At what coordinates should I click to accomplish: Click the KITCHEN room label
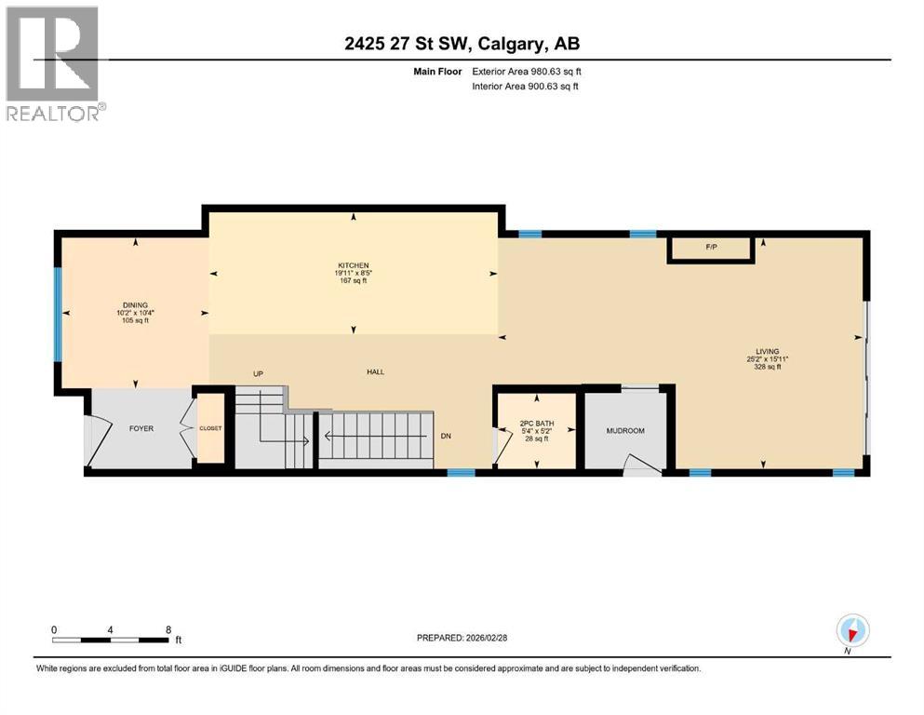353,264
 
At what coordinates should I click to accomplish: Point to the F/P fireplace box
712,247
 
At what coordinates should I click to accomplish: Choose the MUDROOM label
625,430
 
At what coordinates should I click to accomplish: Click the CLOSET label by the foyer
211,427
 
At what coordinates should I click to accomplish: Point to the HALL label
375,372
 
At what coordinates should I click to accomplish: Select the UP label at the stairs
260,373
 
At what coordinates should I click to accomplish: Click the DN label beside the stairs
446,436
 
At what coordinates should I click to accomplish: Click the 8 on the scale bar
167,629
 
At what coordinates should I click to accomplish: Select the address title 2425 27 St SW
462,43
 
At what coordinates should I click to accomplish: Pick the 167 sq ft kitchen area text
353,280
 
